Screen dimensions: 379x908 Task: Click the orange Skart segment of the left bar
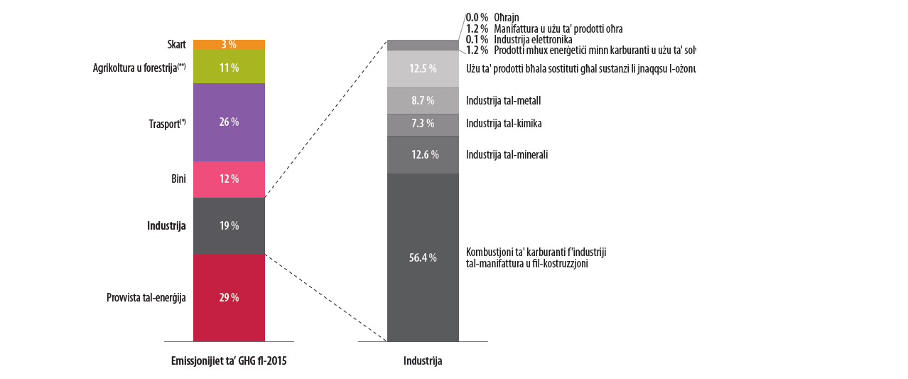pos(229,44)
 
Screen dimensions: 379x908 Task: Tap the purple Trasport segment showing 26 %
pos(229,122)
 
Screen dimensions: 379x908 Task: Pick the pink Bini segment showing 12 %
pos(229,179)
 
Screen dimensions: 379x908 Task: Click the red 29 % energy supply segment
pos(229,297)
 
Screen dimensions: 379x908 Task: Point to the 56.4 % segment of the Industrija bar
pos(423,257)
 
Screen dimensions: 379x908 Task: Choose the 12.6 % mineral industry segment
pos(423,154)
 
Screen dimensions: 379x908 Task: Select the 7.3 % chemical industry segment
pos(423,124)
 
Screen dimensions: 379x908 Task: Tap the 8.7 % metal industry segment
pos(423,101)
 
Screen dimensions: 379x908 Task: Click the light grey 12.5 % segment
pos(423,69)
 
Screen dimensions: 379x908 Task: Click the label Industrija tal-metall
pos(498,101)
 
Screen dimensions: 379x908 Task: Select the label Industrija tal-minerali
pos(507,154)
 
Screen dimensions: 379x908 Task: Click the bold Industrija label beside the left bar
pos(166,226)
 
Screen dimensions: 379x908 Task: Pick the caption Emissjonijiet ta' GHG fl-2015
pos(229,361)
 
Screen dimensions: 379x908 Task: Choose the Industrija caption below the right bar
pos(423,361)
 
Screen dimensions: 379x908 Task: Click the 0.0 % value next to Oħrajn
pos(476,17)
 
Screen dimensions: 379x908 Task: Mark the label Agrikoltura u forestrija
pos(139,68)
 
